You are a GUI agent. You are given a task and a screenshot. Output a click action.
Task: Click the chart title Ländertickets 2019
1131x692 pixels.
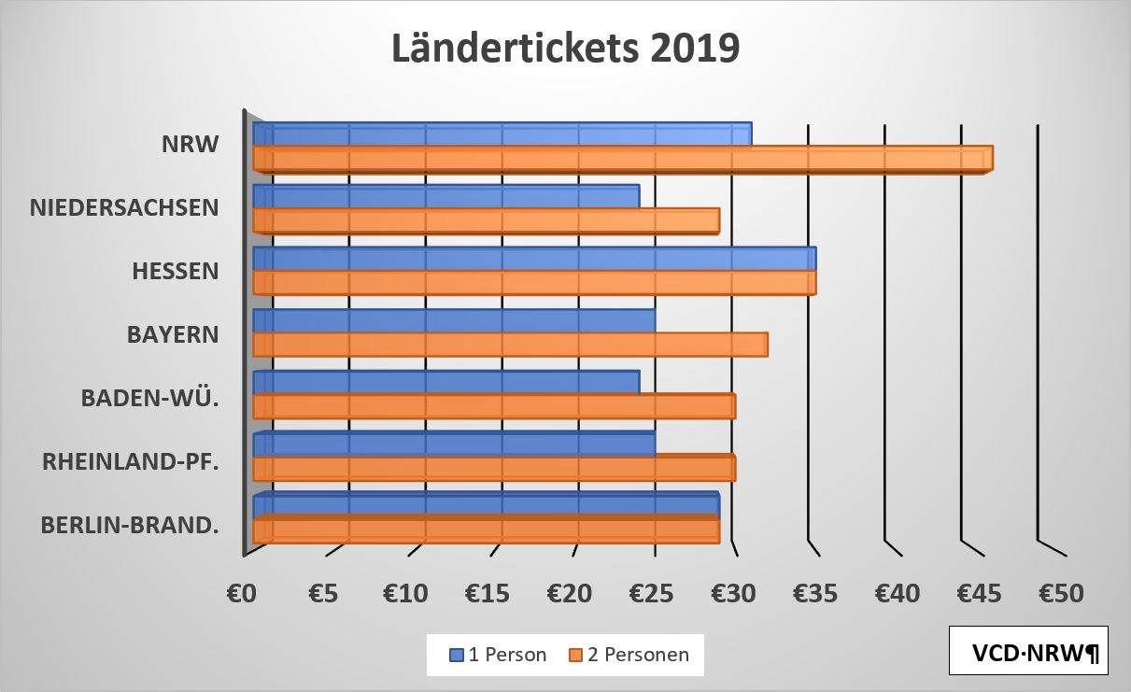(x=565, y=49)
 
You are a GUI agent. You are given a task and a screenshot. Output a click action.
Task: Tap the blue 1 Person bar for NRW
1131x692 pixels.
(x=502, y=134)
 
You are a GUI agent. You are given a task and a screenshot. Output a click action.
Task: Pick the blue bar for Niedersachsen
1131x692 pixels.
(x=445, y=196)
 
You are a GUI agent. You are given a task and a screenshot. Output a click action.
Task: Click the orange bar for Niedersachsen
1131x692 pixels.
(x=486, y=220)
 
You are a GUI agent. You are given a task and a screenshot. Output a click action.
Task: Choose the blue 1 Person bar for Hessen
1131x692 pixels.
(x=534, y=259)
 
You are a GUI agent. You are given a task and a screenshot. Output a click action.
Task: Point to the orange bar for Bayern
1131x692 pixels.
(x=510, y=345)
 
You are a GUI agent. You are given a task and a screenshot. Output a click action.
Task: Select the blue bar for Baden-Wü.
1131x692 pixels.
(x=445, y=383)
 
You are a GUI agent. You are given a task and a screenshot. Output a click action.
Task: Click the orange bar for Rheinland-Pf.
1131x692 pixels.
(x=494, y=469)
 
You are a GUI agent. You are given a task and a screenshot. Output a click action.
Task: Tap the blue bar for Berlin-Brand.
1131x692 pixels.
(x=486, y=504)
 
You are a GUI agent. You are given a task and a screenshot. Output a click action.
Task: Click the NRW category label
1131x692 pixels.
(x=190, y=145)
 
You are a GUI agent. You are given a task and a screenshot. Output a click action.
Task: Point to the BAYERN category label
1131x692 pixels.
(x=173, y=333)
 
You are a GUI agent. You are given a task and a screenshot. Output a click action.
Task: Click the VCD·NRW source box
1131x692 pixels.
(x=1028, y=651)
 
